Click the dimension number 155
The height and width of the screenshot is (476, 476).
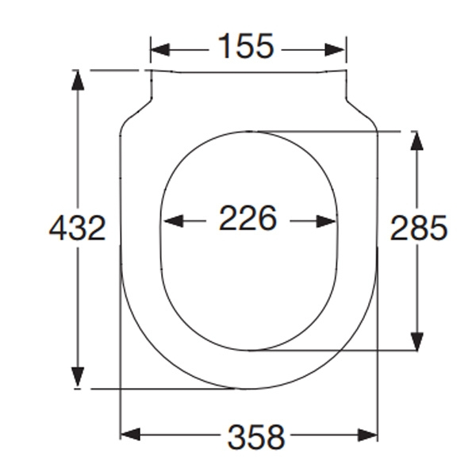pyautogui.click(x=248, y=48)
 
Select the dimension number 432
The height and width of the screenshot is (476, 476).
pyautogui.click(x=78, y=229)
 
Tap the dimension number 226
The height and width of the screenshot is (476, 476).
pyautogui.click(x=248, y=218)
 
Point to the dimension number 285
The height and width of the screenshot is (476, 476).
pyautogui.click(x=419, y=228)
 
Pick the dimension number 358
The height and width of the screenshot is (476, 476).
pyautogui.click(x=256, y=436)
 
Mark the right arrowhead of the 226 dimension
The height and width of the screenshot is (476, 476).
pyautogui.click(x=327, y=221)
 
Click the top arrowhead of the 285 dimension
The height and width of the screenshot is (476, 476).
pyautogui.click(x=416, y=141)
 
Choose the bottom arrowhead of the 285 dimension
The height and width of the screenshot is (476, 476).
pyautogui.click(x=416, y=340)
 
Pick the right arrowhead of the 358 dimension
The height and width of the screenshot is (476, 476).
pyautogui.click(x=367, y=435)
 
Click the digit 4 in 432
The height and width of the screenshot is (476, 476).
pyautogui.click(x=59, y=229)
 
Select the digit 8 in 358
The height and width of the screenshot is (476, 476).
pyautogui.click(x=275, y=436)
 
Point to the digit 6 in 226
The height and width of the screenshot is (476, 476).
pyautogui.click(x=267, y=218)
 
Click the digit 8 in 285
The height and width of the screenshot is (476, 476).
pyautogui.click(x=419, y=228)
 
